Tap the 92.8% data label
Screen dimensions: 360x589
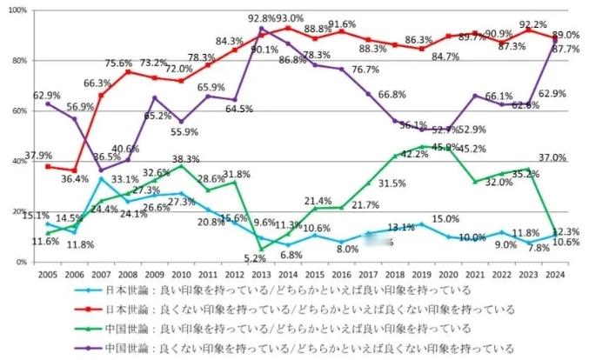(261, 17)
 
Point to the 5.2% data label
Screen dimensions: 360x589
(255, 258)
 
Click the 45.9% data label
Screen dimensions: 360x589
(445, 147)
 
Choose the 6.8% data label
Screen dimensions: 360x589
(291, 256)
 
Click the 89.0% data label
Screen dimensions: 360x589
(566, 34)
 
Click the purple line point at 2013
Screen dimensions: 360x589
(261, 29)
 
